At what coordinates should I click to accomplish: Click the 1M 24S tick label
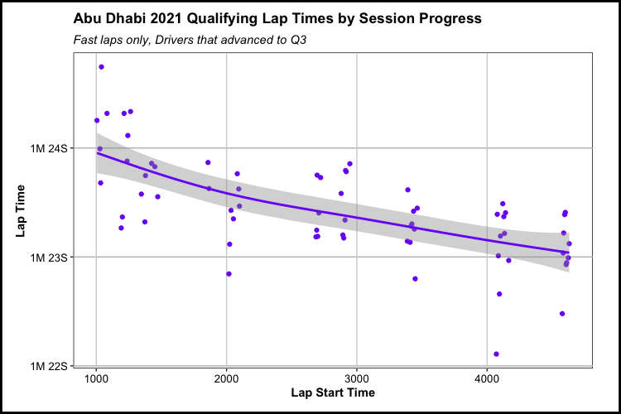(x=53, y=148)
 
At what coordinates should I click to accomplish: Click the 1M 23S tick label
(x=53, y=257)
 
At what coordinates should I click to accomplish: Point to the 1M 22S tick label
(x=53, y=365)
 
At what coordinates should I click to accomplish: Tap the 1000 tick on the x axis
(x=97, y=378)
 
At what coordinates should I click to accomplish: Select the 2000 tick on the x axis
(x=227, y=378)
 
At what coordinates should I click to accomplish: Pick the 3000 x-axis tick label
(x=357, y=378)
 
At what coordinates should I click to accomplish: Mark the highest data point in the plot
(x=101, y=67)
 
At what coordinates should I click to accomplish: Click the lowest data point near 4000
(x=496, y=354)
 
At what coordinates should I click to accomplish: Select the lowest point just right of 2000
(x=229, y=274)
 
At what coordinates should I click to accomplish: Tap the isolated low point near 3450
(x=415, y=279)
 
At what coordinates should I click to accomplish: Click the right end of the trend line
(x=568, y=252)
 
